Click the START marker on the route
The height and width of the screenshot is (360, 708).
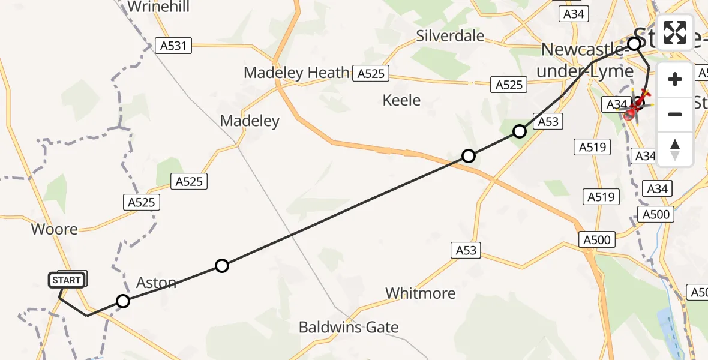click(x=66, y=280)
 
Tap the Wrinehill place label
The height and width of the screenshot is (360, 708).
click(x=158, y=7)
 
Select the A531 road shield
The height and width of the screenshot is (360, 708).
click(x=173, y=45)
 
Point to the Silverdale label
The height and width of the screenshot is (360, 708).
click(x=450, y=36)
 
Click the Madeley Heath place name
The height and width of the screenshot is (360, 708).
click(x=296, y=73)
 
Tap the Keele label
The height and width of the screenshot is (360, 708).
click(x=401, y=100)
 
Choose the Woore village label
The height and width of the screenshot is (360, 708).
click(x=54, y=229)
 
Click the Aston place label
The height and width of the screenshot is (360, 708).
click(x=156, y=283)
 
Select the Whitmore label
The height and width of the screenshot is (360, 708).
click(x=420, y=293)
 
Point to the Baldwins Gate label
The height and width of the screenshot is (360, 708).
click(x=349, y=328)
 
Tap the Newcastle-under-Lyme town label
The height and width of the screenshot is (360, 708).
click(x=584, y=61)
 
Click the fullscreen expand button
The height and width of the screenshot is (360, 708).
click(x=675, y=32)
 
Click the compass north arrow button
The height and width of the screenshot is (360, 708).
click(x=675, y=149)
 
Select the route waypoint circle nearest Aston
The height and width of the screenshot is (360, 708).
click(x=123, y=301)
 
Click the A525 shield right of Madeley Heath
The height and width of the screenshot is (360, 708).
click(x=371, y=74)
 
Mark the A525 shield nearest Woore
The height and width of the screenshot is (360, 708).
click(x=142, y=202)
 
